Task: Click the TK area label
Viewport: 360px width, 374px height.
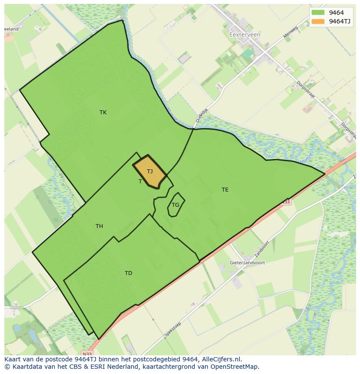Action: (x=103, y=113)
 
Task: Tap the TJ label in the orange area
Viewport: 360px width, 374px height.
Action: (x=150, y=172)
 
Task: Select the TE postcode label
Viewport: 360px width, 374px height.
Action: (x=225, y=190)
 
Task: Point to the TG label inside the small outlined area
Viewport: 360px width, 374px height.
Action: (x=175, y=205)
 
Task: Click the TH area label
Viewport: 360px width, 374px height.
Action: (x=99, y=226)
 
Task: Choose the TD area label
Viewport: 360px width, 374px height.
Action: (x=128, y=273)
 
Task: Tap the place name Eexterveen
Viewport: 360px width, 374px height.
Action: (x=245, y=35)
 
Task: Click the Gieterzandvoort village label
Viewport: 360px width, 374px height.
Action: (x=247, y=263)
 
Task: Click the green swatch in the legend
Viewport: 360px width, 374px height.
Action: (x=318, y=13)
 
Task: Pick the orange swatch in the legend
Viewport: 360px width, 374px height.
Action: (x=318, y=21)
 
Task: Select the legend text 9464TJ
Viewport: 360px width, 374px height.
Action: (x=340, y=21)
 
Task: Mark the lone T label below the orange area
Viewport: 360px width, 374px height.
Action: (x=140, y=182)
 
